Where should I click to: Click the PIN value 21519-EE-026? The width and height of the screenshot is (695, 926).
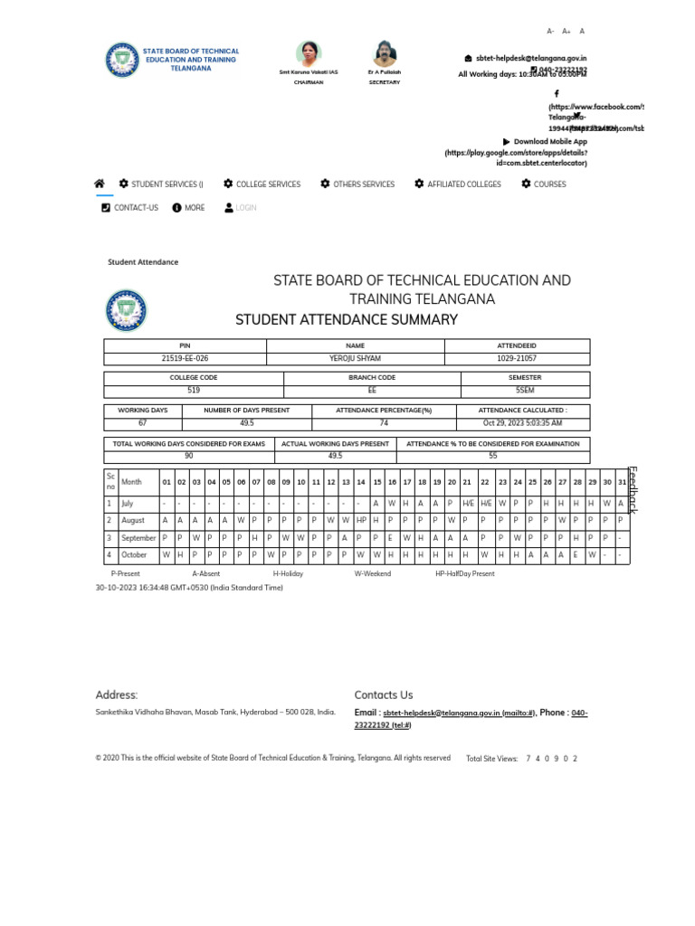(185, 359)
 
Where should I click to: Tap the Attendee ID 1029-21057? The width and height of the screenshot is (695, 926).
(517, 359)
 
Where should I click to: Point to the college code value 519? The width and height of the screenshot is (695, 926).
(194, 391)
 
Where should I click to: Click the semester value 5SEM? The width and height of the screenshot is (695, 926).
(525, 391)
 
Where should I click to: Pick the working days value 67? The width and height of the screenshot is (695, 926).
(143, 423)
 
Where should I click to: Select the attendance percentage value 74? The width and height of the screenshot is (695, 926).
(384, 423)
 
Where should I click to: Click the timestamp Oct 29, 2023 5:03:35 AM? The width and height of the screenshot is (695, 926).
(522, 423)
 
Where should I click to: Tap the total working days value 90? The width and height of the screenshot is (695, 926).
(189, 456)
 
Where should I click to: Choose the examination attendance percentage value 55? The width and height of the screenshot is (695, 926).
(493, 456)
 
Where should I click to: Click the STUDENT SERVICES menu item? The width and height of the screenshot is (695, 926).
(167, 184)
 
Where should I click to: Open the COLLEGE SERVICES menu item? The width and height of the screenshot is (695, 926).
(268, 184)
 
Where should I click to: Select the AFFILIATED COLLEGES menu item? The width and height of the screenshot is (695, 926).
(463, 184)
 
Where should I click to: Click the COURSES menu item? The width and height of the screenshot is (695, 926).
(549, 184)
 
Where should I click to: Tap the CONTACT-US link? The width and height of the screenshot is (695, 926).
(136, 208)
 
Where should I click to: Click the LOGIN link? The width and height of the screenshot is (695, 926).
(245, 208)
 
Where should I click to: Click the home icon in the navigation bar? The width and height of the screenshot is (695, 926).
(100, 184)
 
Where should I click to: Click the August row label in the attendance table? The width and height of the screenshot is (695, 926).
(133, 521)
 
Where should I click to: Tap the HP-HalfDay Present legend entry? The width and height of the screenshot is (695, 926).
(464, 574)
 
